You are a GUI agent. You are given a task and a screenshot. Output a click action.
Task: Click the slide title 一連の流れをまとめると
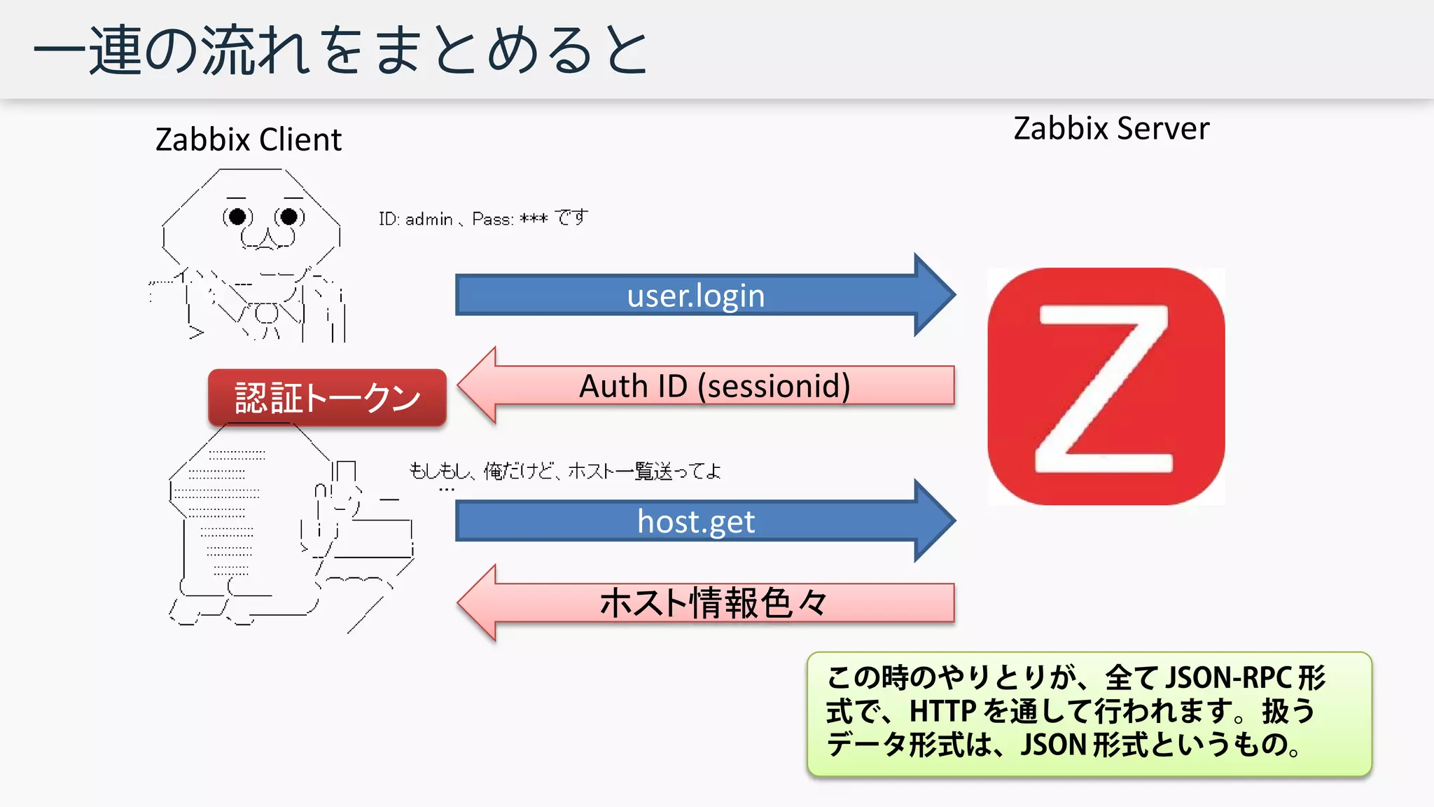341,50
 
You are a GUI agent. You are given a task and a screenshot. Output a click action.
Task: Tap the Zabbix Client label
249,139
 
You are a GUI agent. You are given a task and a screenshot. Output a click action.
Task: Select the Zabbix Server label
1111,129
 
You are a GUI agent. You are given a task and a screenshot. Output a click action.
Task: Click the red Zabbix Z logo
1106,386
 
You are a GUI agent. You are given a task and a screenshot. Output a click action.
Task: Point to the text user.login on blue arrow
695,296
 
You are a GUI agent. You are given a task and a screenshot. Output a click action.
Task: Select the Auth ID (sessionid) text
714,386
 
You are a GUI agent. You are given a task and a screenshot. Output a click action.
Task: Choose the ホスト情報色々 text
713,603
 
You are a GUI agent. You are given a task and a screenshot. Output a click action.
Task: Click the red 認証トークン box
327,398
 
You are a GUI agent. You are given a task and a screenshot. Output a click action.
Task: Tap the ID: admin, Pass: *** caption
483,219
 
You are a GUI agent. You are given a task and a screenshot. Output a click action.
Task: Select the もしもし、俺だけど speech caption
564,471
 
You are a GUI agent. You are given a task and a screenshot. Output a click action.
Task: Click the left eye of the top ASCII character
237,216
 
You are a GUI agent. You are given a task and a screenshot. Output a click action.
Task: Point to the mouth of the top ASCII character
267,239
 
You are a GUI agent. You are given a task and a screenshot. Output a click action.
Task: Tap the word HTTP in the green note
942,712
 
